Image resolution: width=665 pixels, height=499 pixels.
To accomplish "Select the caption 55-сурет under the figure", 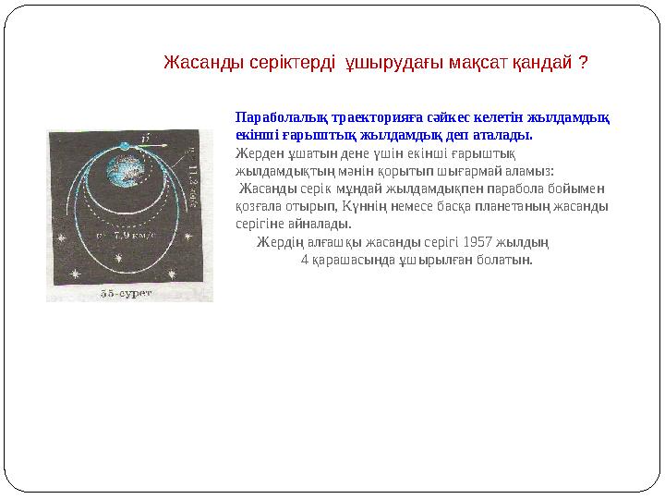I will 126,293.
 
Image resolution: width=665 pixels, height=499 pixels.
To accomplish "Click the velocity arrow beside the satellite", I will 152,145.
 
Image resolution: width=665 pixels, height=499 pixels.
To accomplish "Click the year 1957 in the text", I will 478,242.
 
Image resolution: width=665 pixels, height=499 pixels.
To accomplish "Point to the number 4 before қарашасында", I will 305,259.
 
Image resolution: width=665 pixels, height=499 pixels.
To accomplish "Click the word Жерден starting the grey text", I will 256,152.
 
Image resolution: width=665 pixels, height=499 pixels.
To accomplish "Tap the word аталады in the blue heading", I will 508,134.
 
